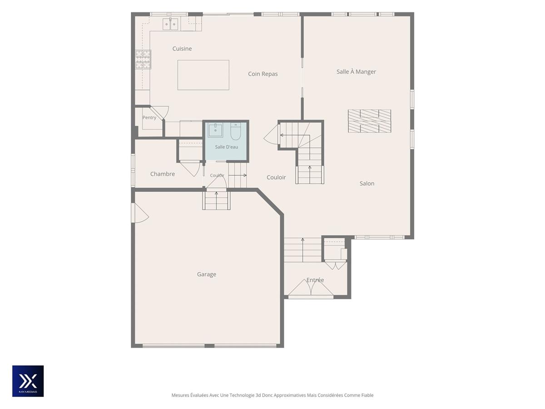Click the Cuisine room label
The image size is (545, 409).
182,49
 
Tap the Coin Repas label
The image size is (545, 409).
263,74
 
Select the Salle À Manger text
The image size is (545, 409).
356,72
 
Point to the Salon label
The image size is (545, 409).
367,184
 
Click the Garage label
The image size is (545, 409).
206,274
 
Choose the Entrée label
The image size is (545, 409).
315,280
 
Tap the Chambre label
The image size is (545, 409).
163,174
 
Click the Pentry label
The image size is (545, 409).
149,118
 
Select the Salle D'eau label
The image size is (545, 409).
226,147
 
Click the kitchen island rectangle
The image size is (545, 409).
203,75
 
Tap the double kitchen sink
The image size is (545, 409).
170,24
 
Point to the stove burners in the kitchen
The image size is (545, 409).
143,60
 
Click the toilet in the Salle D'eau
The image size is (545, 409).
235,131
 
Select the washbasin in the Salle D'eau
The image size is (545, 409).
215,130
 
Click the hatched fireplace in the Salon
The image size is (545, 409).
369,121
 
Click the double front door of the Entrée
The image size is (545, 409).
311,288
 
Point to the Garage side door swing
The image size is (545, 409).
140,213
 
